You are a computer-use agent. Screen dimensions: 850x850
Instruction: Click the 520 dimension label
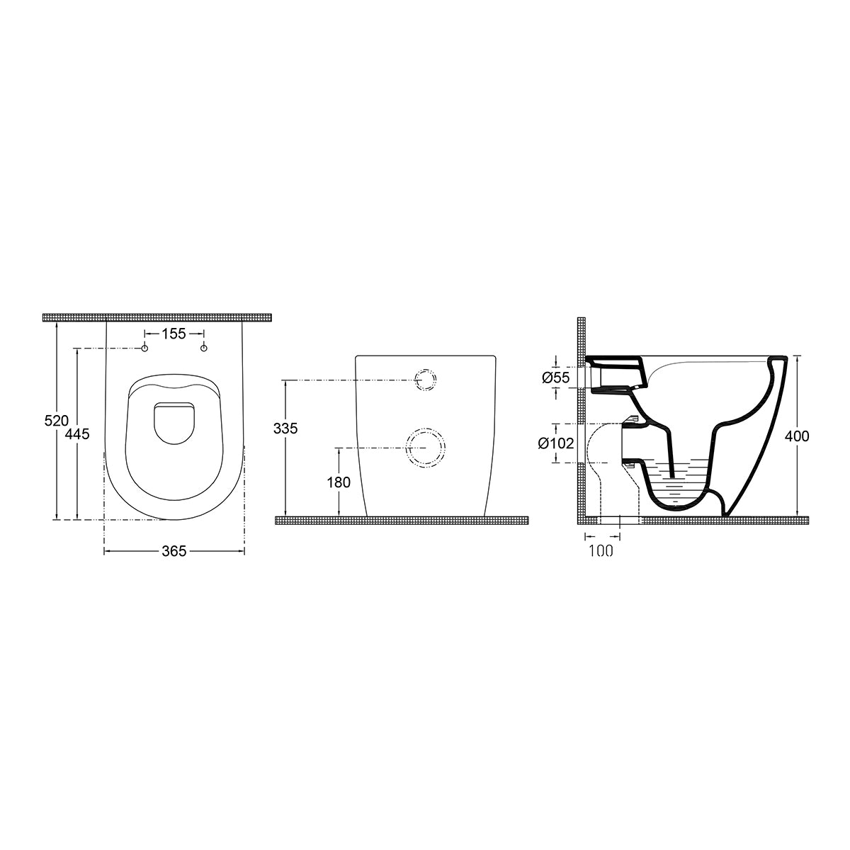[57, 421]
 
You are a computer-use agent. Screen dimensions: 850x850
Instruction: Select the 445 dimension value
[77, 434]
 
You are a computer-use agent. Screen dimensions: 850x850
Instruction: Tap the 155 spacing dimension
[174, 334]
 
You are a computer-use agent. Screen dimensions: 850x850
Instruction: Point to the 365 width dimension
[174, 551]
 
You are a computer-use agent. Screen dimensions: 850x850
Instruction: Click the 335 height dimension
[285, 429]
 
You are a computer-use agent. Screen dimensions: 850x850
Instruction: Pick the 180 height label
[339, 482]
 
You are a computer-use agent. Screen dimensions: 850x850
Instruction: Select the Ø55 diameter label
[556, 378]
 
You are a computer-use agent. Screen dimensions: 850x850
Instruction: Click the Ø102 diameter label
[556, 443]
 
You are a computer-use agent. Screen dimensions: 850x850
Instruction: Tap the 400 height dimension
[797, 436]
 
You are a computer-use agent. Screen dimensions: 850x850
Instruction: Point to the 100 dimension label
[601, 550]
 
